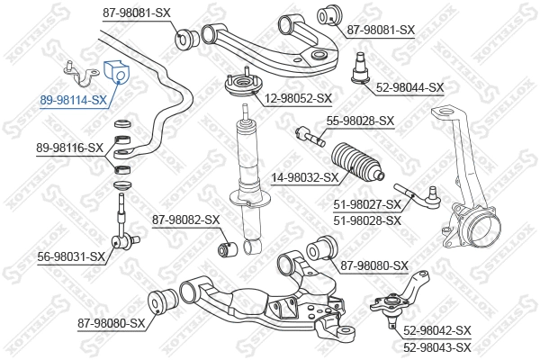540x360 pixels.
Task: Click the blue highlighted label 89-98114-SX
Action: coord(73,101)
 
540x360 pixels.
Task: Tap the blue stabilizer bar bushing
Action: coord(118,71)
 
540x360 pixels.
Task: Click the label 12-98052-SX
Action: coord(298,98)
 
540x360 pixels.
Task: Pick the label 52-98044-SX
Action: coord(410,87)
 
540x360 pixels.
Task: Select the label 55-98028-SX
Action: coord(360,121)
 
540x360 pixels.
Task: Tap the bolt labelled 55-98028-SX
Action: coord(310,137)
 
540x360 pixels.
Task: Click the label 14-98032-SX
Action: coord(305,177)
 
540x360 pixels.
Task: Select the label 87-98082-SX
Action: coord(185,219)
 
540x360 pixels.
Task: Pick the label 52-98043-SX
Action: coord(437,346)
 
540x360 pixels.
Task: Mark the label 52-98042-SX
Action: coord(437,331)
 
